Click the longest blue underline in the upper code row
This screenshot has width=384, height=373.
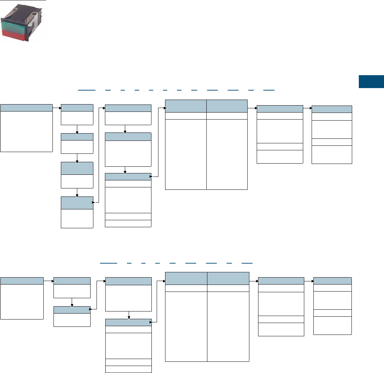(87, 90)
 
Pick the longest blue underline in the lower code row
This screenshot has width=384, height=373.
(108, 262)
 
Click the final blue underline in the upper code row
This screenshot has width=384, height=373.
(269, 90)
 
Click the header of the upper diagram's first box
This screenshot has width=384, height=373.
(27, 108)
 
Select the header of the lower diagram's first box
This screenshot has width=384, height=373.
(22, 280)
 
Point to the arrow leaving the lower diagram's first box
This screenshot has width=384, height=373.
(48, 280)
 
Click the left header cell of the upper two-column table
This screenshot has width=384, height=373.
(185, 106)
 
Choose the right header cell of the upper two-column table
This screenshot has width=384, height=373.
(227, 106)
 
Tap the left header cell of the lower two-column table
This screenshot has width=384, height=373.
(186, 278)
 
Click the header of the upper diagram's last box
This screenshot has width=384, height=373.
(332, 109)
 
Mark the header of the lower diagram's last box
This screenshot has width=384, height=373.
(332, 281)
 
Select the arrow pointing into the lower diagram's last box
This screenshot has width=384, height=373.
(308, 281)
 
